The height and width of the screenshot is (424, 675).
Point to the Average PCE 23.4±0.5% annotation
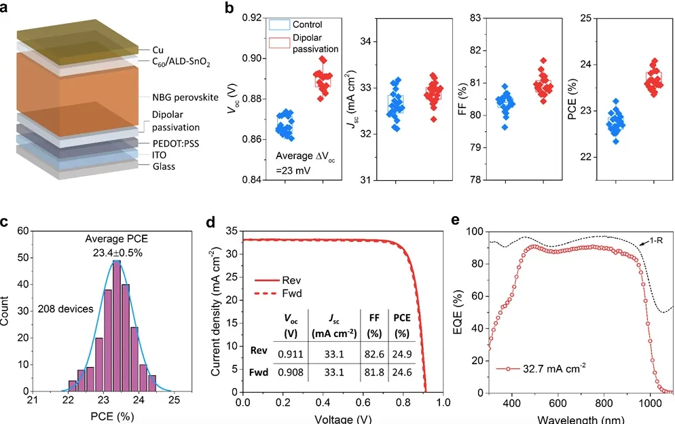click(x=115, y=245)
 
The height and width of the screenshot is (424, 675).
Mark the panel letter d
click(x=210, y=222)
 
